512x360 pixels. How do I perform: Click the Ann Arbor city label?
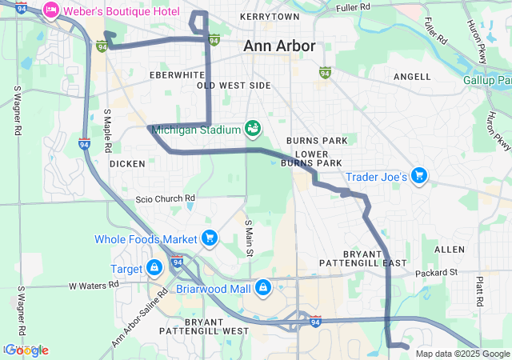coord(279,46)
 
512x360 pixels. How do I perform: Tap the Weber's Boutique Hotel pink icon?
coord(51,10)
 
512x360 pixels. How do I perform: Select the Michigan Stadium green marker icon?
coord(252,128)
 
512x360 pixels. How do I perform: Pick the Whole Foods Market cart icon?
coord(210,238)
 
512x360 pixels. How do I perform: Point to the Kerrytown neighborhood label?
coord(274,16)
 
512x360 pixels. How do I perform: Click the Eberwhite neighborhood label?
coord(178,74)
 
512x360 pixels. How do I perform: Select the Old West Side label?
coord(234,85)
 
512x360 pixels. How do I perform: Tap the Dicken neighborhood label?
coord(127,164)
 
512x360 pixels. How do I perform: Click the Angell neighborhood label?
coord(412,77)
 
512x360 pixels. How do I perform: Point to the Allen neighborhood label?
coord(449,250)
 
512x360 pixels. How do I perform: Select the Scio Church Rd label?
coord(166,198)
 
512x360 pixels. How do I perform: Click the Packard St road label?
coord(436,273)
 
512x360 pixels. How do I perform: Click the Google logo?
coord(26,350)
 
